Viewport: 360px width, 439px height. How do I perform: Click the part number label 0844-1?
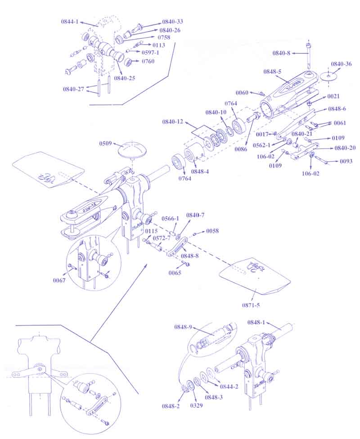point(70,21)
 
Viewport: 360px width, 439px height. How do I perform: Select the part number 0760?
point(148,61)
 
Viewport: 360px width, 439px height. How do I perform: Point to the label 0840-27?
point(73,89)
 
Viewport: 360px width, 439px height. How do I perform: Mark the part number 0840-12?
point(173,122)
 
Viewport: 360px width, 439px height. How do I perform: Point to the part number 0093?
point(346,161)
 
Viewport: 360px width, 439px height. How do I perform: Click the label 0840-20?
point(345,148)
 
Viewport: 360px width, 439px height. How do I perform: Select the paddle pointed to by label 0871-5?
point(254,275)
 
